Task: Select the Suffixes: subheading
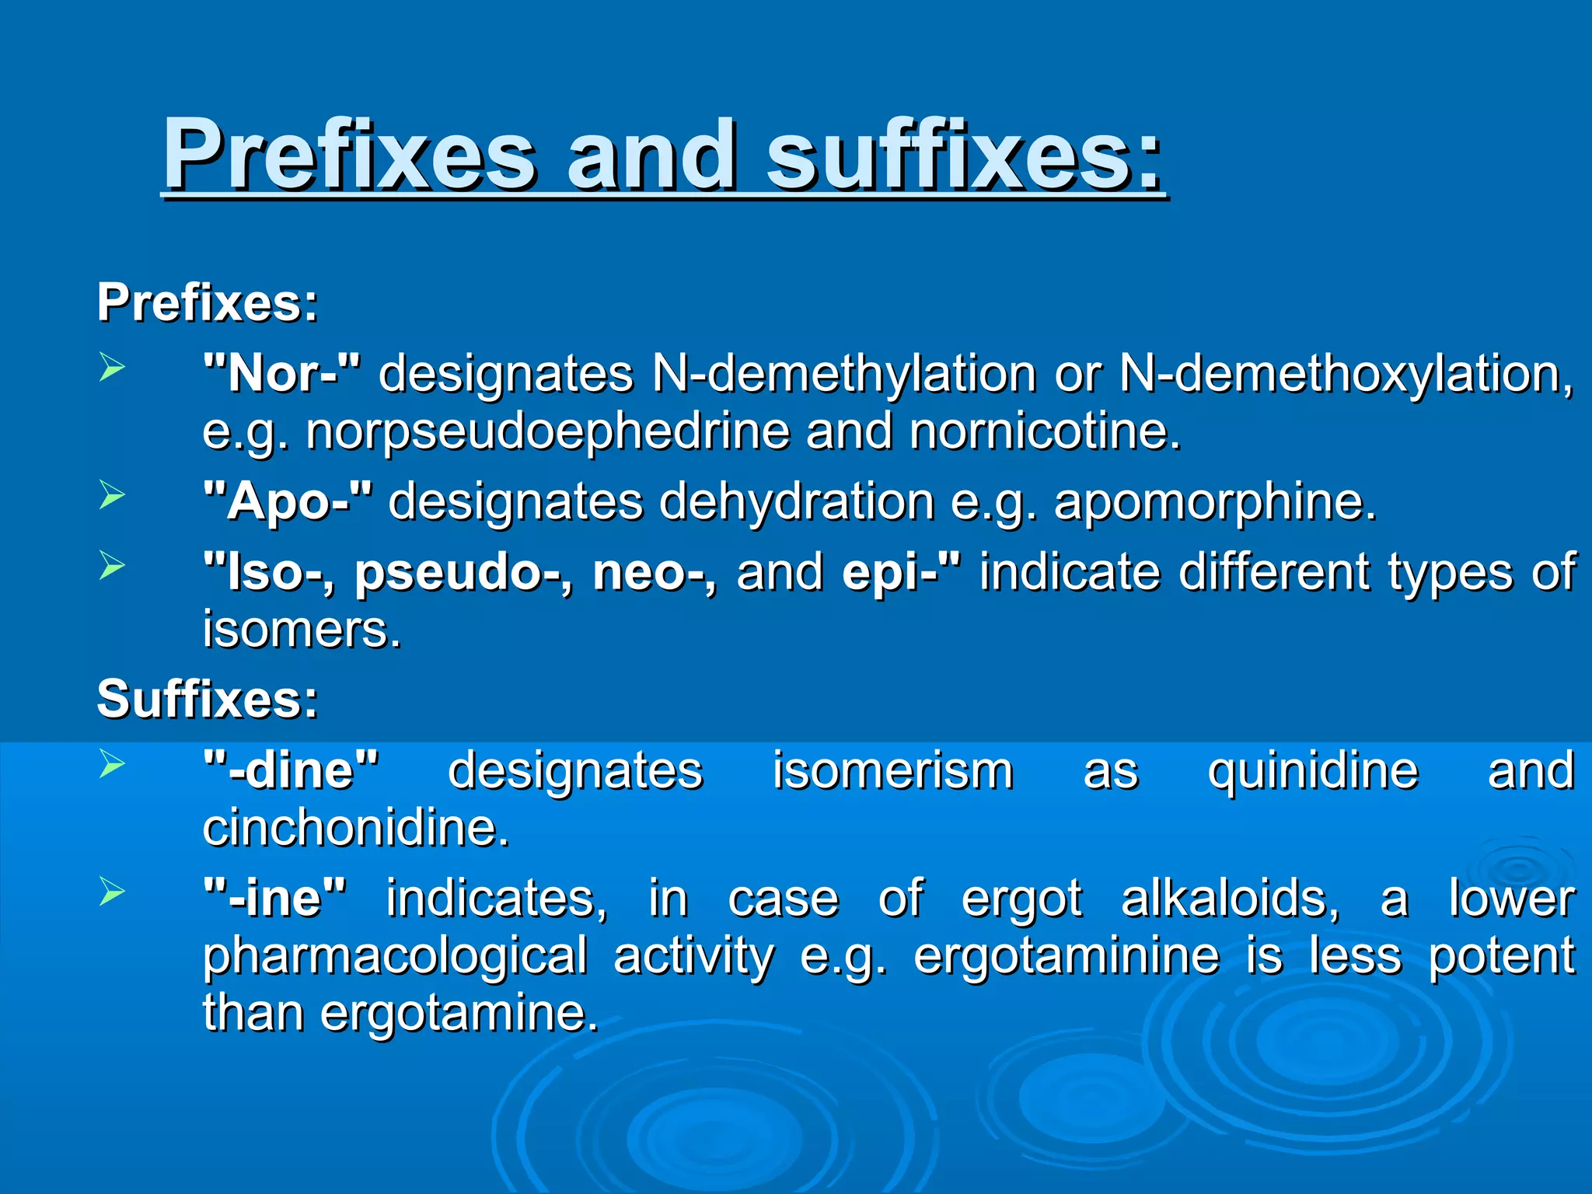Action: point(208,698)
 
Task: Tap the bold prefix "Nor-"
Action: point(281,374)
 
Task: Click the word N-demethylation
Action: point(844,374)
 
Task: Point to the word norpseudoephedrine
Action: point(547,431)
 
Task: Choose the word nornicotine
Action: point(1045,431)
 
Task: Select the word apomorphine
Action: point(1215,501)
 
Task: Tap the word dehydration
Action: point(797,501)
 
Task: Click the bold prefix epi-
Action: point(901,572)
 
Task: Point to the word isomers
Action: point(302,629)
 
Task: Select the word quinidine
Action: point(1313,770)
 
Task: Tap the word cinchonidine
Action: point(355,827)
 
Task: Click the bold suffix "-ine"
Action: point(274,898)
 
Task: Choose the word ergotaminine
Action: point(1067,955)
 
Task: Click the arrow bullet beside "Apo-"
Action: point(112,495)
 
